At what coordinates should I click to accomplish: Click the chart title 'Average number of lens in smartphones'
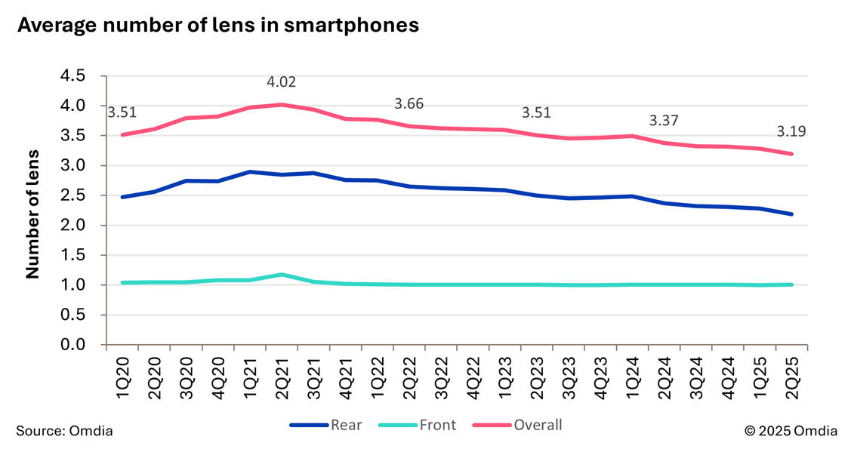coord(217,25)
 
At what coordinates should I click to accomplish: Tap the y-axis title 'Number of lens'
coord(32,211)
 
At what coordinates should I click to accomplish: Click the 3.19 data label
coord(791,131)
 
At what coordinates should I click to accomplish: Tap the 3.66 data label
coord(410,103)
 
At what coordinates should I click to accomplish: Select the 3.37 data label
coord(665,121)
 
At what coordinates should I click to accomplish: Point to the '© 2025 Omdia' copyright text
coord(790,431)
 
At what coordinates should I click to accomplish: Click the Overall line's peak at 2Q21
coord(282,104)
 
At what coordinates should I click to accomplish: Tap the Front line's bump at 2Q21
coord(282,275)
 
